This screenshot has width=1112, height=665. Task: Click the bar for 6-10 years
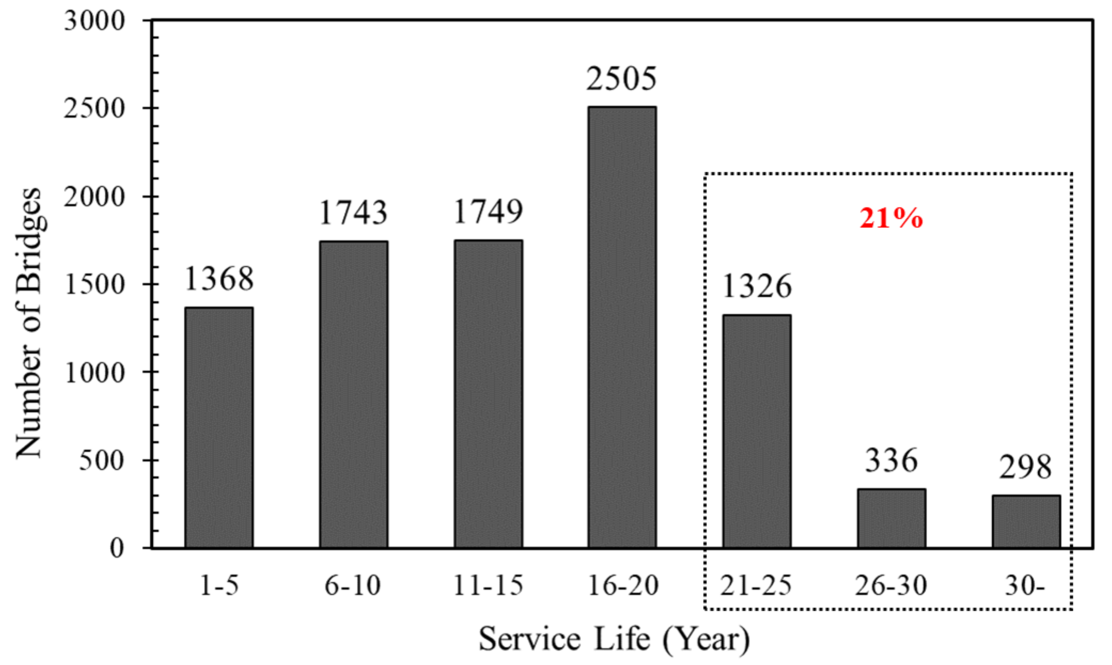pyautogui.click(x=354, y=394)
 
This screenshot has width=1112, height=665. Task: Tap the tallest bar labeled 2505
pyautogui.click(x=622, y=327)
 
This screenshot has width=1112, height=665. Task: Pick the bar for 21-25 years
pyautogui.click(x=757, y=431)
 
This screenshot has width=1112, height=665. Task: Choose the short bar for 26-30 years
pyautogui.click(x=891, y=519)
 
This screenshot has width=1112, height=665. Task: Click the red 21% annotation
pyautogui.click(x=891, y=219)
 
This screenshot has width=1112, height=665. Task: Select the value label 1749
pyautogui.click(x=488, y=211)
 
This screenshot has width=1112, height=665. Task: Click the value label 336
pyautogui.click(x=891, y=461)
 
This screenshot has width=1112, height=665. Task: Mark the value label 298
pyautogui.click(x=1025, y=467)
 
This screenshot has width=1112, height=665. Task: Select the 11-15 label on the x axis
pyautogui.click(x=488, y=585)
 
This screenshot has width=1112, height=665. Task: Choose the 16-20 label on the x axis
pyautogui.click(x=622, y=585)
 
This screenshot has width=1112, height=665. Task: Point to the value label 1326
pyautogui.click(x=757, y=286)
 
